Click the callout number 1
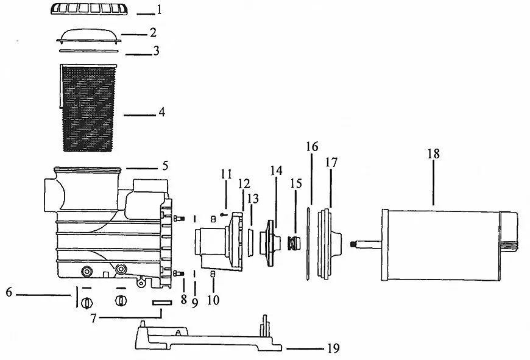pos(159,10)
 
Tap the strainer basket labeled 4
pos(88,107)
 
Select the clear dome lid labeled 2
pos(89,36)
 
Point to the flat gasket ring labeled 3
pos(89,51)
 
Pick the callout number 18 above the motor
pos(433,154)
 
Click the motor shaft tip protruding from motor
pos(353,244)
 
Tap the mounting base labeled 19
pos(208,336)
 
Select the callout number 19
pos(333,348)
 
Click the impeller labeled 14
pos(270,243)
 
